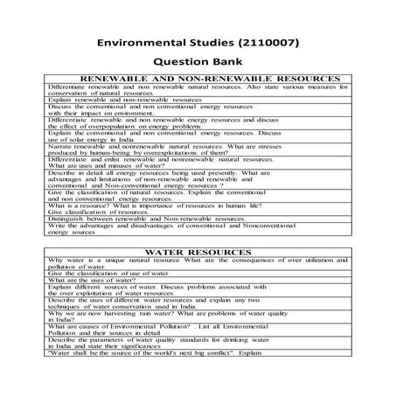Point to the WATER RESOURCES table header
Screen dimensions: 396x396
(x=198, y=252)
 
